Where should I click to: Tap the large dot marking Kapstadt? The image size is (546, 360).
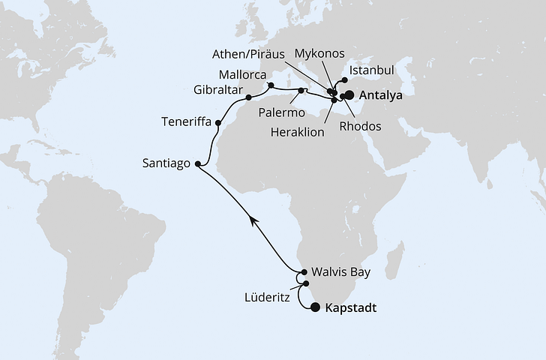click(x=315, y=307)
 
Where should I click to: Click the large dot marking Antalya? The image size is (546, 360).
click(x=349, y=95)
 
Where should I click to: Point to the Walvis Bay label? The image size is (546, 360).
click(x=341, y=273)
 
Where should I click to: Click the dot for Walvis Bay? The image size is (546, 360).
click(x=304, y=273)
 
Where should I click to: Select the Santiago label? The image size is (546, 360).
click(x=166, y=163)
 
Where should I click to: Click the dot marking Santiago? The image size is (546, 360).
click(x=198, y=163)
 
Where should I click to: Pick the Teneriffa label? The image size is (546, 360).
click(x=187, y=121)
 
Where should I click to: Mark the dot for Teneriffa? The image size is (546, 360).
click(x=218, y=122)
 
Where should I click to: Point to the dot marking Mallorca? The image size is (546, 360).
click(x=271, y=85)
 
